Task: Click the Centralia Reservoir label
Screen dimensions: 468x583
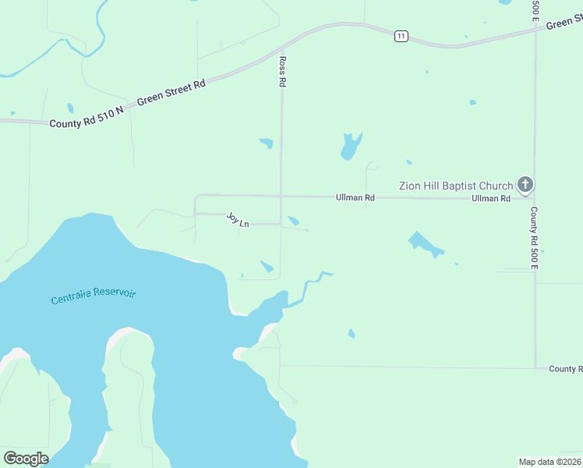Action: pyautogui.click(x=94, y=296)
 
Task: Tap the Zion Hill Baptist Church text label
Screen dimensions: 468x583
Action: pyautogui.click(x=456, y=186)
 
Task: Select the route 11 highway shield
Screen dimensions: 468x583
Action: pyautogui.click(x=401, y=36)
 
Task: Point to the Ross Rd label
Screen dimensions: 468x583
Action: pyautogui.click(x=283, y=71)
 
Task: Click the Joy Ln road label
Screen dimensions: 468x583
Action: pyautogui.click(x=238, y=220)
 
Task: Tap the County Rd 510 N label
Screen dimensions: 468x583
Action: pyautogui.click(x=87, y=119)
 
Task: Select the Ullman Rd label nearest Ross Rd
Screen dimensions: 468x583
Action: pyautogui.click(x=355, y=198)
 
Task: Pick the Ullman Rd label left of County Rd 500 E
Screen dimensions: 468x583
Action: pyautogui.click(x=490, y=199)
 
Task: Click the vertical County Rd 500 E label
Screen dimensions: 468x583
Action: pyautogui.click(x=535, y=238)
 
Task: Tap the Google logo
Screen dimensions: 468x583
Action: pyautogui.click(x=26, y=459)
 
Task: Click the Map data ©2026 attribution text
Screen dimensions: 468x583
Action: pyautogui.click(x=549, y=462)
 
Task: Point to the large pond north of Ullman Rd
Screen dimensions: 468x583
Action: pyautogui.click(x=350, y=145)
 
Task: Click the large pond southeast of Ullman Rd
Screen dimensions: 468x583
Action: pyautogui.click(x=425, y=244)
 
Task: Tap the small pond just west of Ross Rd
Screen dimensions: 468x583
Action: pyautogui.click(x=267, y=143)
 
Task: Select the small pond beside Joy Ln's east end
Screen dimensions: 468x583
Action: pyautogui.click(x=293, y=221)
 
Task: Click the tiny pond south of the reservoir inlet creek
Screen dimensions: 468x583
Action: pyautogui.click(x=352, y=334)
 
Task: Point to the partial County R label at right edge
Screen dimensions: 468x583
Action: pyautogui.click(x=565, y=369)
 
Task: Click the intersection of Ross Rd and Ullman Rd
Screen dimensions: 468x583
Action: pyautogui.click(x=281, y=196)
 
